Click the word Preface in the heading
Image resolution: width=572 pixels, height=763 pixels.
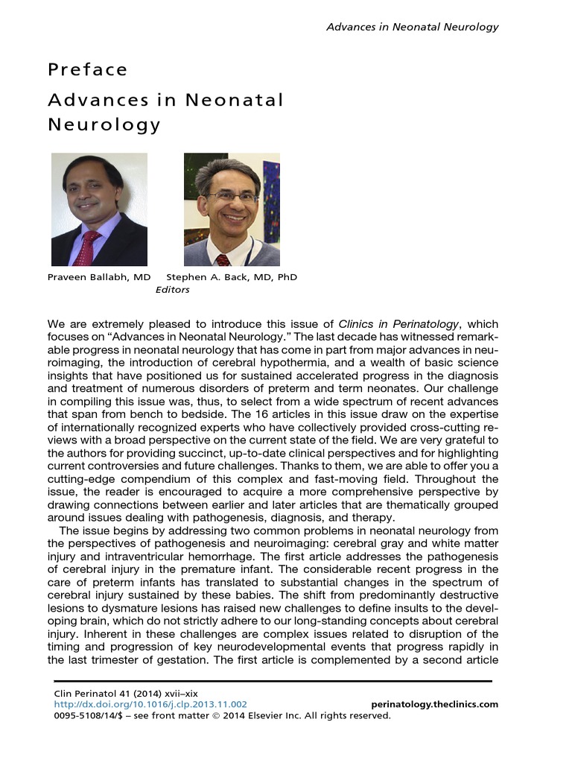coord(88,70)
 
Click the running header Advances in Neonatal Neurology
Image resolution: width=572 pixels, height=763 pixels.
coord(413,27)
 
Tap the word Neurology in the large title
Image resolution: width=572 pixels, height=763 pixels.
coord(104,124)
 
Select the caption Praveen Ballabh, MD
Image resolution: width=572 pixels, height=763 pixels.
coord(99,277)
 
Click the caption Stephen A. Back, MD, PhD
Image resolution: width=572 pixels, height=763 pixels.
coord(232,277)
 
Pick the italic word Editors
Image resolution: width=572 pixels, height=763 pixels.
coord(172,290)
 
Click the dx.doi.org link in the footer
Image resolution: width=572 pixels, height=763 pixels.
coord(151,704)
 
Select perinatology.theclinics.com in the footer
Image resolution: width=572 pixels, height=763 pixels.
coord(434,704)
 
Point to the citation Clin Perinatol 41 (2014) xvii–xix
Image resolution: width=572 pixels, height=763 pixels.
coord(126,693)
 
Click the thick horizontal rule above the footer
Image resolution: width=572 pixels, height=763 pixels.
coord(273,681)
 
